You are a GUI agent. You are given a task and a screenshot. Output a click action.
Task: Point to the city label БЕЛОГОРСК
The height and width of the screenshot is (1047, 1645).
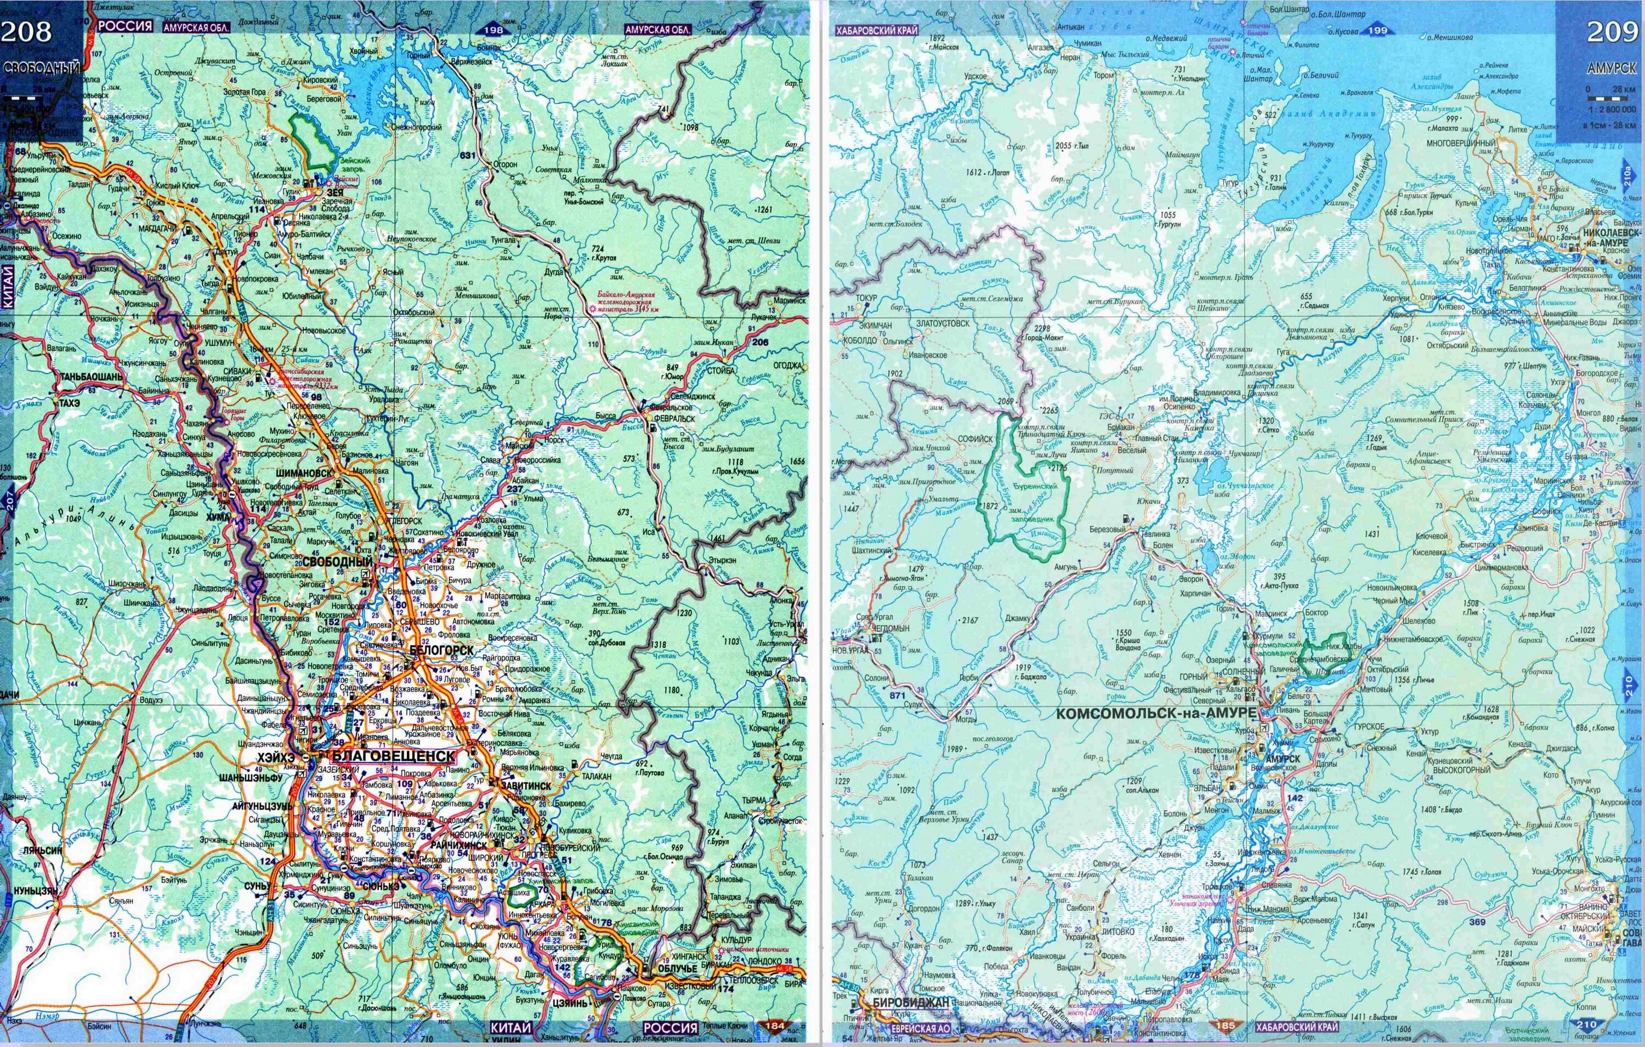click(442, 650)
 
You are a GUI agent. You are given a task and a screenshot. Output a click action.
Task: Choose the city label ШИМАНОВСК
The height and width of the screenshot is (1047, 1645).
click(305, 472)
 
